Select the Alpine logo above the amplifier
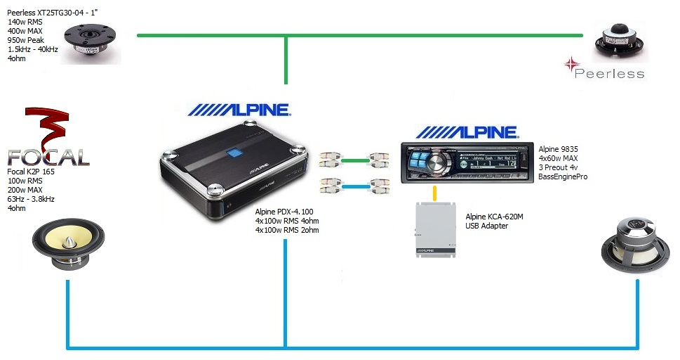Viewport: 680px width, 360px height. click(239, 110)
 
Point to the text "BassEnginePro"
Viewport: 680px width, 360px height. click(563, 178)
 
